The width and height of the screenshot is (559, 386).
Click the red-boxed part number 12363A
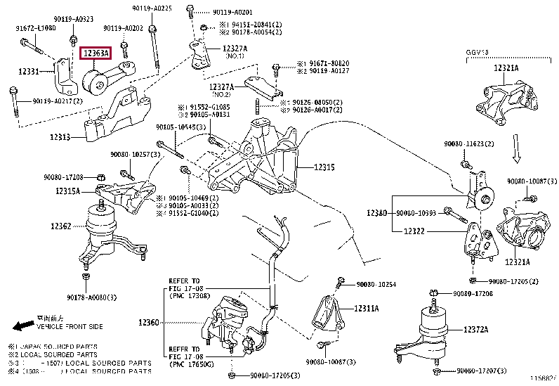(x=96, y=53)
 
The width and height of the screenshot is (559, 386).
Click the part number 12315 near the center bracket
(x=324, y=168)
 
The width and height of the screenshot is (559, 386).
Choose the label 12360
(x=148, y=322)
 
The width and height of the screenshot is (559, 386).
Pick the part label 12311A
(x=366, y=308)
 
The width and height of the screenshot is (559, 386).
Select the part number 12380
(x=377, y=212)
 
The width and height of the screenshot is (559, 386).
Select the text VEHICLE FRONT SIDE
(x=70, y=327)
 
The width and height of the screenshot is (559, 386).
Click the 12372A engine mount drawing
(x=435, y=330)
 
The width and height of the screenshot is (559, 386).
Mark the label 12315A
(x=67, y=191)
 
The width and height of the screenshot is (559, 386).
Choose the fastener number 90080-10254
(x=376, y=285)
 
